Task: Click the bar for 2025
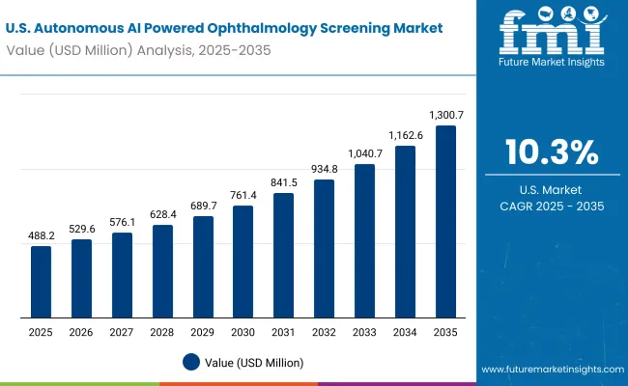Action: [x=41, y=282]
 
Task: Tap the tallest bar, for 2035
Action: [x=446, y=221]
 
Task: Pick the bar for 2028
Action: [x=162, y=271]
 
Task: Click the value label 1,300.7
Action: [x=446, y=116]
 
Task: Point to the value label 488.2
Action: [x=41, y=236]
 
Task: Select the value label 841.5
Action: [x=284, y=183]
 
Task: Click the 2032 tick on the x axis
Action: [x=325, y=332]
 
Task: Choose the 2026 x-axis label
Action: [x=81, y=332]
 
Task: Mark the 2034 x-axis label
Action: [x=406, y=332]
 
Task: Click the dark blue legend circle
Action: [x=191, y=362]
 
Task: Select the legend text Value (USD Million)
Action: [x=253, y=362]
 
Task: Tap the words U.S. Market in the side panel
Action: [x=552, y=190]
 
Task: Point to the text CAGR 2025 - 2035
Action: [x=552, y=207]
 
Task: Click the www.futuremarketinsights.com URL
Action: [x=551, y=370]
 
